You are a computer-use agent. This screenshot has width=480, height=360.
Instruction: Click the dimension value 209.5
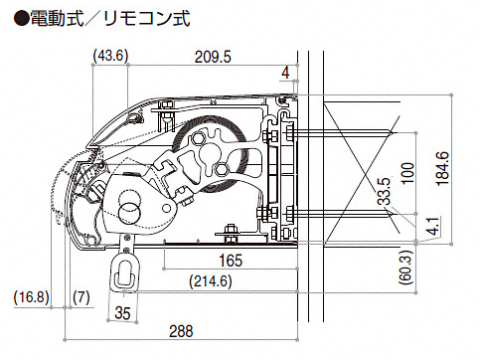coord(213,57)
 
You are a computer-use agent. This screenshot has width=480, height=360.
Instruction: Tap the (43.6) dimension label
coord(110,56)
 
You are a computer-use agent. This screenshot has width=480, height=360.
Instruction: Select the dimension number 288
coord(181,331)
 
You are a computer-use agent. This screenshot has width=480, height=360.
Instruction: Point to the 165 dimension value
coord(231,261)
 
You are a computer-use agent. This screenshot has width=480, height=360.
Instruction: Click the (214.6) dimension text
coord(211,281)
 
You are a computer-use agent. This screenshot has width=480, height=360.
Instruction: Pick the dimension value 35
coord(122,312)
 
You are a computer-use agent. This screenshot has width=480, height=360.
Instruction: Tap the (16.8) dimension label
coord(32,296)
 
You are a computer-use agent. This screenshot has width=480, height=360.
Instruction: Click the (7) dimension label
coord(81,296)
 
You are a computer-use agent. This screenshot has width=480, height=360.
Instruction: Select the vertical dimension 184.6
coord(442,169)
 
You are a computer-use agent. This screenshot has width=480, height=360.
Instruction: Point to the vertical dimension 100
coord(407,173)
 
